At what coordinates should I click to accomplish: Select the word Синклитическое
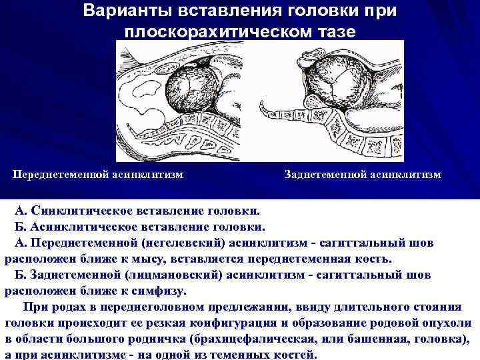pyautogui.click(x=76, y=211)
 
